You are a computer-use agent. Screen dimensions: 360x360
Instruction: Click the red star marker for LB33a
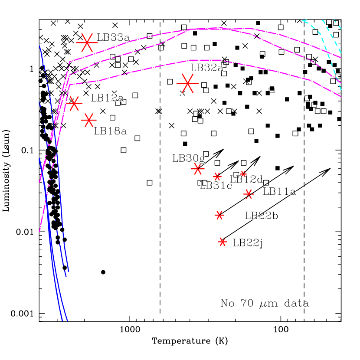click(87, 42)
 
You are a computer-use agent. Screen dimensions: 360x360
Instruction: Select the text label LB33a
click(113, 37)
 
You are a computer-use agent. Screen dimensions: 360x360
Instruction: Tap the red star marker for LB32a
click(187, 83)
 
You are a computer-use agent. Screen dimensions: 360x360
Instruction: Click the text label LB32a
click(207, 67)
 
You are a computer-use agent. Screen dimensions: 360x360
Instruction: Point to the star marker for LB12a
click(74, 103)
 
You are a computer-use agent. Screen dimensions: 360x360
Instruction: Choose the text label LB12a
click(107, 98)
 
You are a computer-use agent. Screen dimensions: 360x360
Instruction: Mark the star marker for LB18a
click(88, 120)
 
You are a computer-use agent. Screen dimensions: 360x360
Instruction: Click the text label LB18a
click(110, 131)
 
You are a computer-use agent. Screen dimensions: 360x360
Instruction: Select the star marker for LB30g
click(197, 169)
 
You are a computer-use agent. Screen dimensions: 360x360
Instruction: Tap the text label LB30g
click(189, 158)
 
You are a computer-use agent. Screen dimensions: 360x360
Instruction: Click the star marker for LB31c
click(217, 176)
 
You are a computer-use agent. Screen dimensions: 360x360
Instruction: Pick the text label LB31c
click(216, 186)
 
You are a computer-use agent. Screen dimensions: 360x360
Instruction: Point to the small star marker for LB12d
click(243, 173)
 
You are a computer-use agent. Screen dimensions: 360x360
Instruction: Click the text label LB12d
click(246, 179)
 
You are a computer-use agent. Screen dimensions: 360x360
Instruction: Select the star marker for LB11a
click(249, 194)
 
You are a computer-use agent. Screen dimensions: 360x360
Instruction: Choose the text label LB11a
click(279, 191)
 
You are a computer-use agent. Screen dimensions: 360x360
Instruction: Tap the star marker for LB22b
click(219, 215)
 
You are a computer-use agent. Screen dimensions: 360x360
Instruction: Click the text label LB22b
click(262, 216)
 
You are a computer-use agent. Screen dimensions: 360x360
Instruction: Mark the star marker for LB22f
click(223, 242)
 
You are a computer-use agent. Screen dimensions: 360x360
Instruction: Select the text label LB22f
click(248, 243)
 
